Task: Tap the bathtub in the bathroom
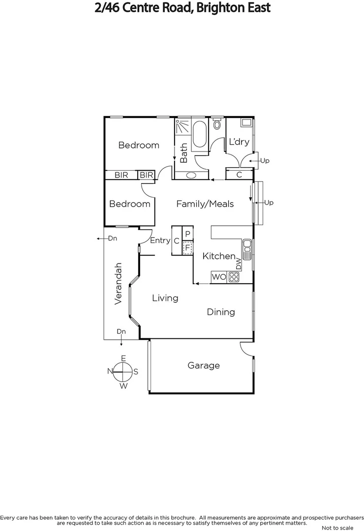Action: point(199,133)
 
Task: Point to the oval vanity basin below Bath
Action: point(191,175)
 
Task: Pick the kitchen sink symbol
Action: point(247,249)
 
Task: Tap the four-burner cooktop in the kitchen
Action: point(233,277)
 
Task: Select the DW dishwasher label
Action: point(239,264)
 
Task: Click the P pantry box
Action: point(187,233)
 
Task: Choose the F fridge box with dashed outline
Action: point(187,247)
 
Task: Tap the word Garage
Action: point(204,365)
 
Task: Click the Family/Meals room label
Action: point(205,204)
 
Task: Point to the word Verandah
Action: point(118,283)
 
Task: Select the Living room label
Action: point(165,298)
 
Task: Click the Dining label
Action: point(220,312)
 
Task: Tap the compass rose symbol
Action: point(123,372)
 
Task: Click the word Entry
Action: point(160,240)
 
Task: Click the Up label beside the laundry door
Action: point(265,161)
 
